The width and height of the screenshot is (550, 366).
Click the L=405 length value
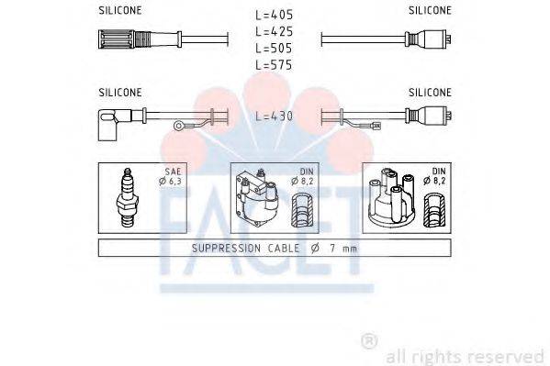tap(275, 15)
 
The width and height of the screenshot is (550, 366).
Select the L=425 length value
tap(275, 31)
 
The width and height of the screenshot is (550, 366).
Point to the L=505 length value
tap(275, 48)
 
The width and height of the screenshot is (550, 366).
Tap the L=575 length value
tap(275, 65)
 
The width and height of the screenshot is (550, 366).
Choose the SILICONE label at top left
tap(120, 11)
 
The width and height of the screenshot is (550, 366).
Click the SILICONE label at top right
tap(430, 11)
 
